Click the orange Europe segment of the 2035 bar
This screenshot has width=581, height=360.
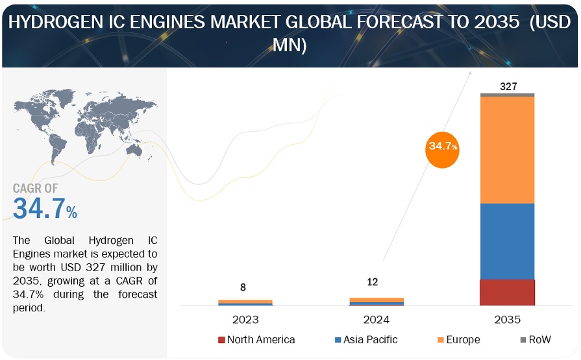(507, 149)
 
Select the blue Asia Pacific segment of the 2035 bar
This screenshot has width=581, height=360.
(507, 241)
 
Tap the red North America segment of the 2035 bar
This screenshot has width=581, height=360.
(507, 292)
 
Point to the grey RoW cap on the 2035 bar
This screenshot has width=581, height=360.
(507, 95)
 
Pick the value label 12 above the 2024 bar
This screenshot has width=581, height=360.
(372, 282)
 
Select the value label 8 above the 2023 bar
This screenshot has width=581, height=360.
(243, 287)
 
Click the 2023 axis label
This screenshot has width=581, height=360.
(244, 319)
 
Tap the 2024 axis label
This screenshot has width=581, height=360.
(377, 319)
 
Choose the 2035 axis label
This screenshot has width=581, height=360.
(507, 319)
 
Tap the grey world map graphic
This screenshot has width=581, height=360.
(84, 120)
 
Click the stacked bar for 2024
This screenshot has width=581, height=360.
(377, 301)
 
